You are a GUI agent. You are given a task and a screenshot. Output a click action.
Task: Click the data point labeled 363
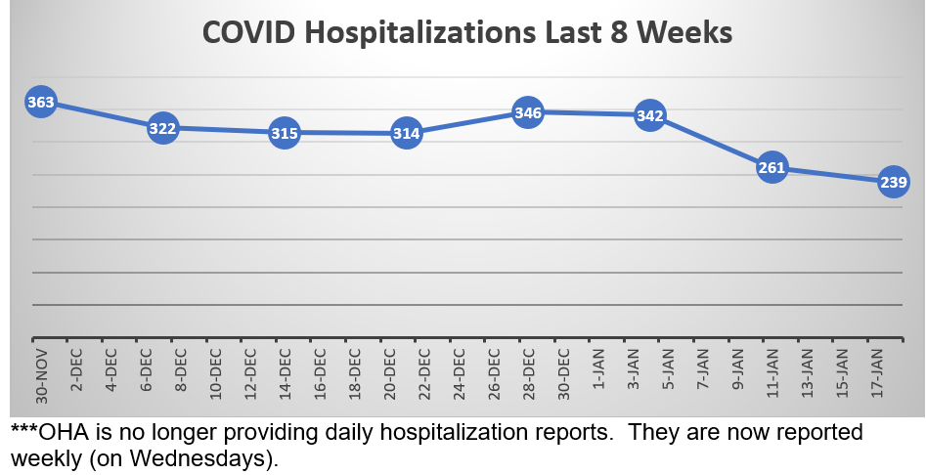[40, 102]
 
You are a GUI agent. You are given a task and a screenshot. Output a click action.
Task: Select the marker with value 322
[162, 128]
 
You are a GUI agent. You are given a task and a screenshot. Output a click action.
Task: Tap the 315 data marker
[284, 132]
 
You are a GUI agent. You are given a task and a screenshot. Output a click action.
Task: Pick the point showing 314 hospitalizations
[406, 133]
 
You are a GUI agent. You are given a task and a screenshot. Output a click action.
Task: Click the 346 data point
[528, 112]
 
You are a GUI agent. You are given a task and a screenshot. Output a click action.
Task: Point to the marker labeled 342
[650, 115]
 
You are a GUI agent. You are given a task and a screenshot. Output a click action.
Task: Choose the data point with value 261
[772, 168]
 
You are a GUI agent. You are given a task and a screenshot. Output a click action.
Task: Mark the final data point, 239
[894, 181]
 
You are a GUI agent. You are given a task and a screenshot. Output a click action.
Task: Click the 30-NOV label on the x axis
[40, 376]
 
